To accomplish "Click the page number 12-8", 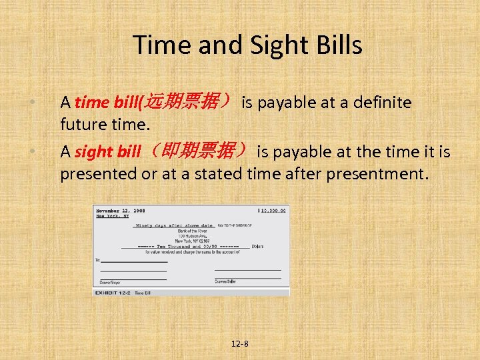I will click(x=239, y=344).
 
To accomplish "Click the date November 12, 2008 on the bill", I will click(x=120, y=211).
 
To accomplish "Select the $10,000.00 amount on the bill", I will click(x=272, y=211).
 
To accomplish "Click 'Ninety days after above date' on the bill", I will click(x=174, y=225).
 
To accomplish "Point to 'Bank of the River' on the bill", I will click(x=192, y=231).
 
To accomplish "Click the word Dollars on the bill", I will click(x=257, y=247).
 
